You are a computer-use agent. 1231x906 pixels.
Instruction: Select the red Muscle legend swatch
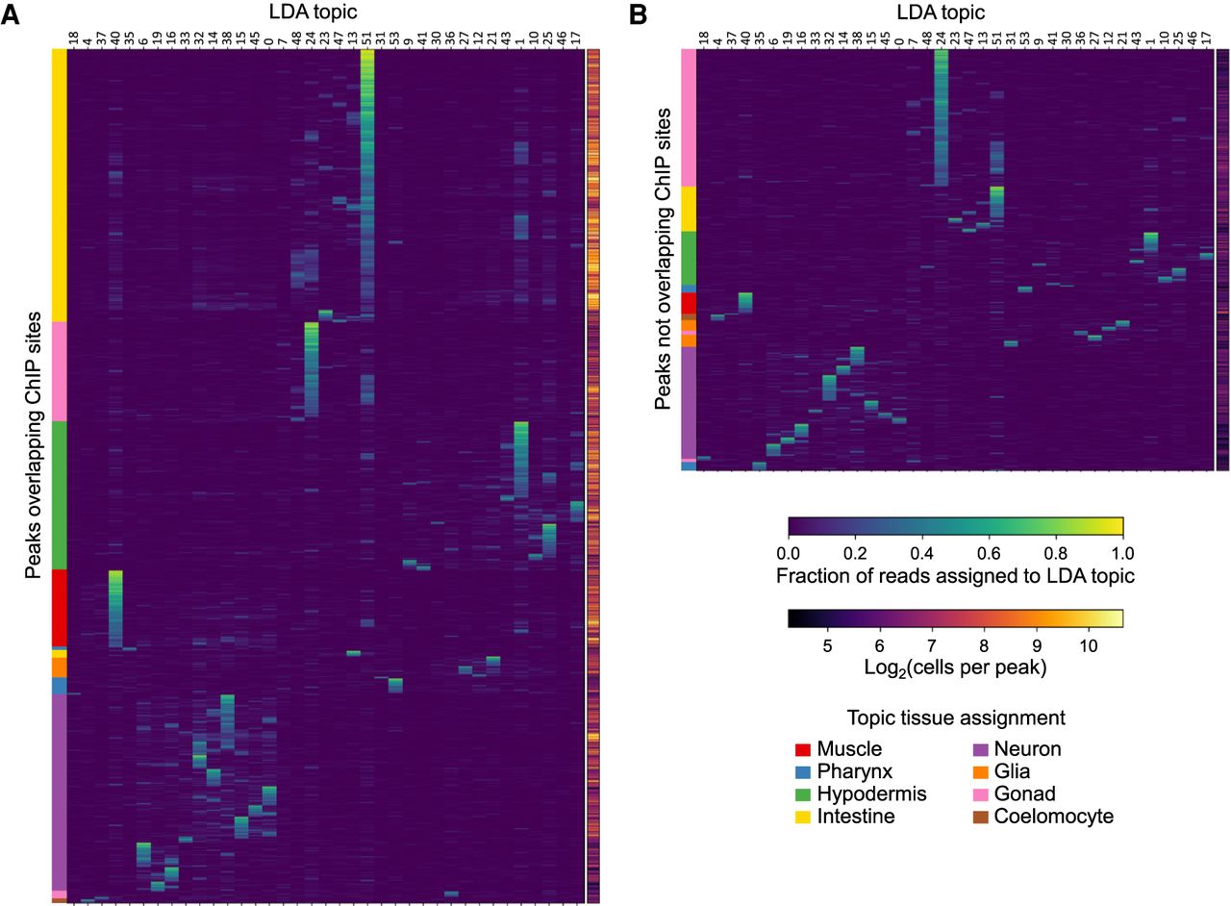pos(804,749)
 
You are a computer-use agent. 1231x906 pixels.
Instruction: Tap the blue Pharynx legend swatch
pos(804,771)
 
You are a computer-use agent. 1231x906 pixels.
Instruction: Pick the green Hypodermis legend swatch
pos(804,794)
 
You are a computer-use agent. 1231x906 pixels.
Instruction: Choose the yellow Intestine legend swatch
pos(804,817)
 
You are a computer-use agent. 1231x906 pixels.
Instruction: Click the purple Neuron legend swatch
pos(981,749)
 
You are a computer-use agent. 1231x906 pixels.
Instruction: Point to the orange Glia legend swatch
pos(981,771)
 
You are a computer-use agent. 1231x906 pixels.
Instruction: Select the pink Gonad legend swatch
pos(981,794)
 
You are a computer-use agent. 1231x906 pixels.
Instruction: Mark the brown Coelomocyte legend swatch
pos(981,817)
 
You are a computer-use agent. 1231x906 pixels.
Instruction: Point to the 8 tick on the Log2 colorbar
pos(982,644)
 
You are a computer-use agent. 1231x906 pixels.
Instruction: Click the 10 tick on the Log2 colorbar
pos(1087,644)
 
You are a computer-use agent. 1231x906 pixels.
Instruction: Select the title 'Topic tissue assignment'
pos(956,717)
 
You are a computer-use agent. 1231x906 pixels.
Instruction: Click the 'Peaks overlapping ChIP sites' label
pos(33,444)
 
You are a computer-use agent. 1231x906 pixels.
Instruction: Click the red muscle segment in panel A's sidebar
pos(60,608)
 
